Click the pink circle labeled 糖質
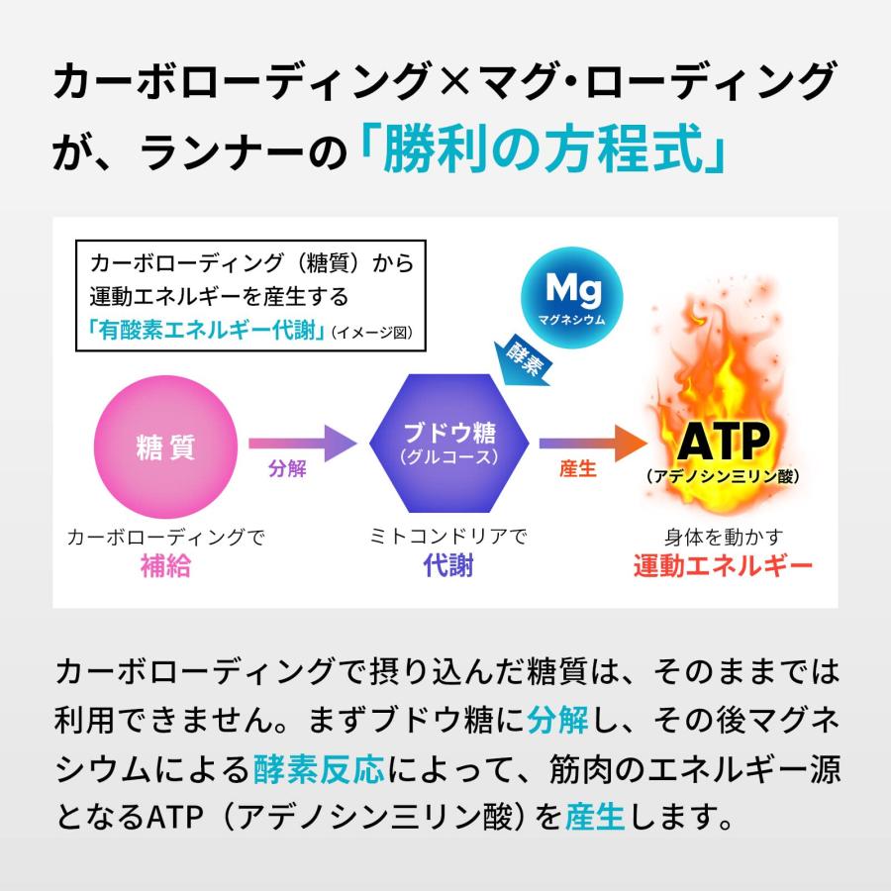click(x=165, y=447)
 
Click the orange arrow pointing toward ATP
click(x=591, y=442)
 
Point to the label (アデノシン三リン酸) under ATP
click(x=722, y=477)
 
